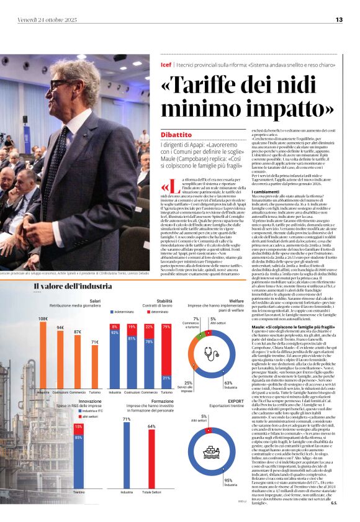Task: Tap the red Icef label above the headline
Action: pos(166,63)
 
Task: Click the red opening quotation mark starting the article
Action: pos(166,188)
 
